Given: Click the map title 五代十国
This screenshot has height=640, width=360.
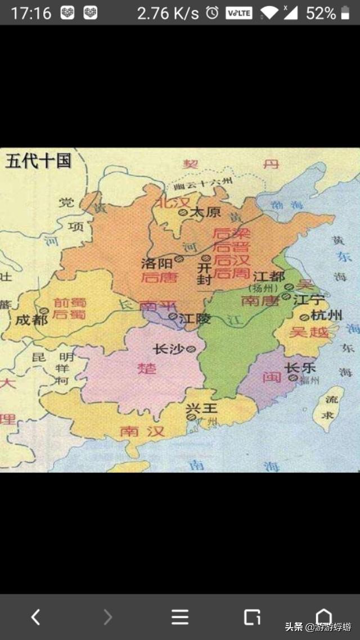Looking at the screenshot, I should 38,161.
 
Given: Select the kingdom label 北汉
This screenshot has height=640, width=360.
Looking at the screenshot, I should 170,202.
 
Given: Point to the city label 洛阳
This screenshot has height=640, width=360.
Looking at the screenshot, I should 157,262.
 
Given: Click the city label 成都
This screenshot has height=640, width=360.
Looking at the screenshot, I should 31,320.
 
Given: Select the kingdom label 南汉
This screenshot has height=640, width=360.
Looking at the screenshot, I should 142,432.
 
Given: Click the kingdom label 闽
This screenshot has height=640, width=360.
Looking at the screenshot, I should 272,377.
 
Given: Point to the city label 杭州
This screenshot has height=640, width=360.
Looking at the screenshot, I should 327,315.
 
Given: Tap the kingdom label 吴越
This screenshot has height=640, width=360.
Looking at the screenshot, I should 309,333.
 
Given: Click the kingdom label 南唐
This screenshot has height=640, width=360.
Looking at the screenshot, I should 260,301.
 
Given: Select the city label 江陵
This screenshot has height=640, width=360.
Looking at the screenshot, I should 195,318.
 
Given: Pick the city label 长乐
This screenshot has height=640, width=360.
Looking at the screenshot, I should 300,368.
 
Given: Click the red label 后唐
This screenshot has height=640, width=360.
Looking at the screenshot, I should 159,277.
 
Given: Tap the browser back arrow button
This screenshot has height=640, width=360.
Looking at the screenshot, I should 35,617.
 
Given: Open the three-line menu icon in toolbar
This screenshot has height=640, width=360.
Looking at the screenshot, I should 180,617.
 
